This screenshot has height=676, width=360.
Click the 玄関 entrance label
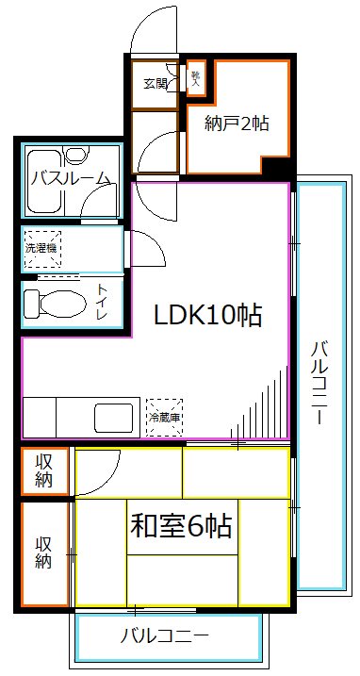coord(155,84)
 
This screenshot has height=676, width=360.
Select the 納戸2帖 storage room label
coord(237,122)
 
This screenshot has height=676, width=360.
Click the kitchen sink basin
coord(112,416)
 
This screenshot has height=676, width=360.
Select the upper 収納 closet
coord(45,470)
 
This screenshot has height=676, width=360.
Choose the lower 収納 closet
coord(45,552)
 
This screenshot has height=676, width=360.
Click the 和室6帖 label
coord(181,524)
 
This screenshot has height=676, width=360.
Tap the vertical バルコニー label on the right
coord(319,383)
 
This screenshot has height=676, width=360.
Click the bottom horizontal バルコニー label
coord(164,635)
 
